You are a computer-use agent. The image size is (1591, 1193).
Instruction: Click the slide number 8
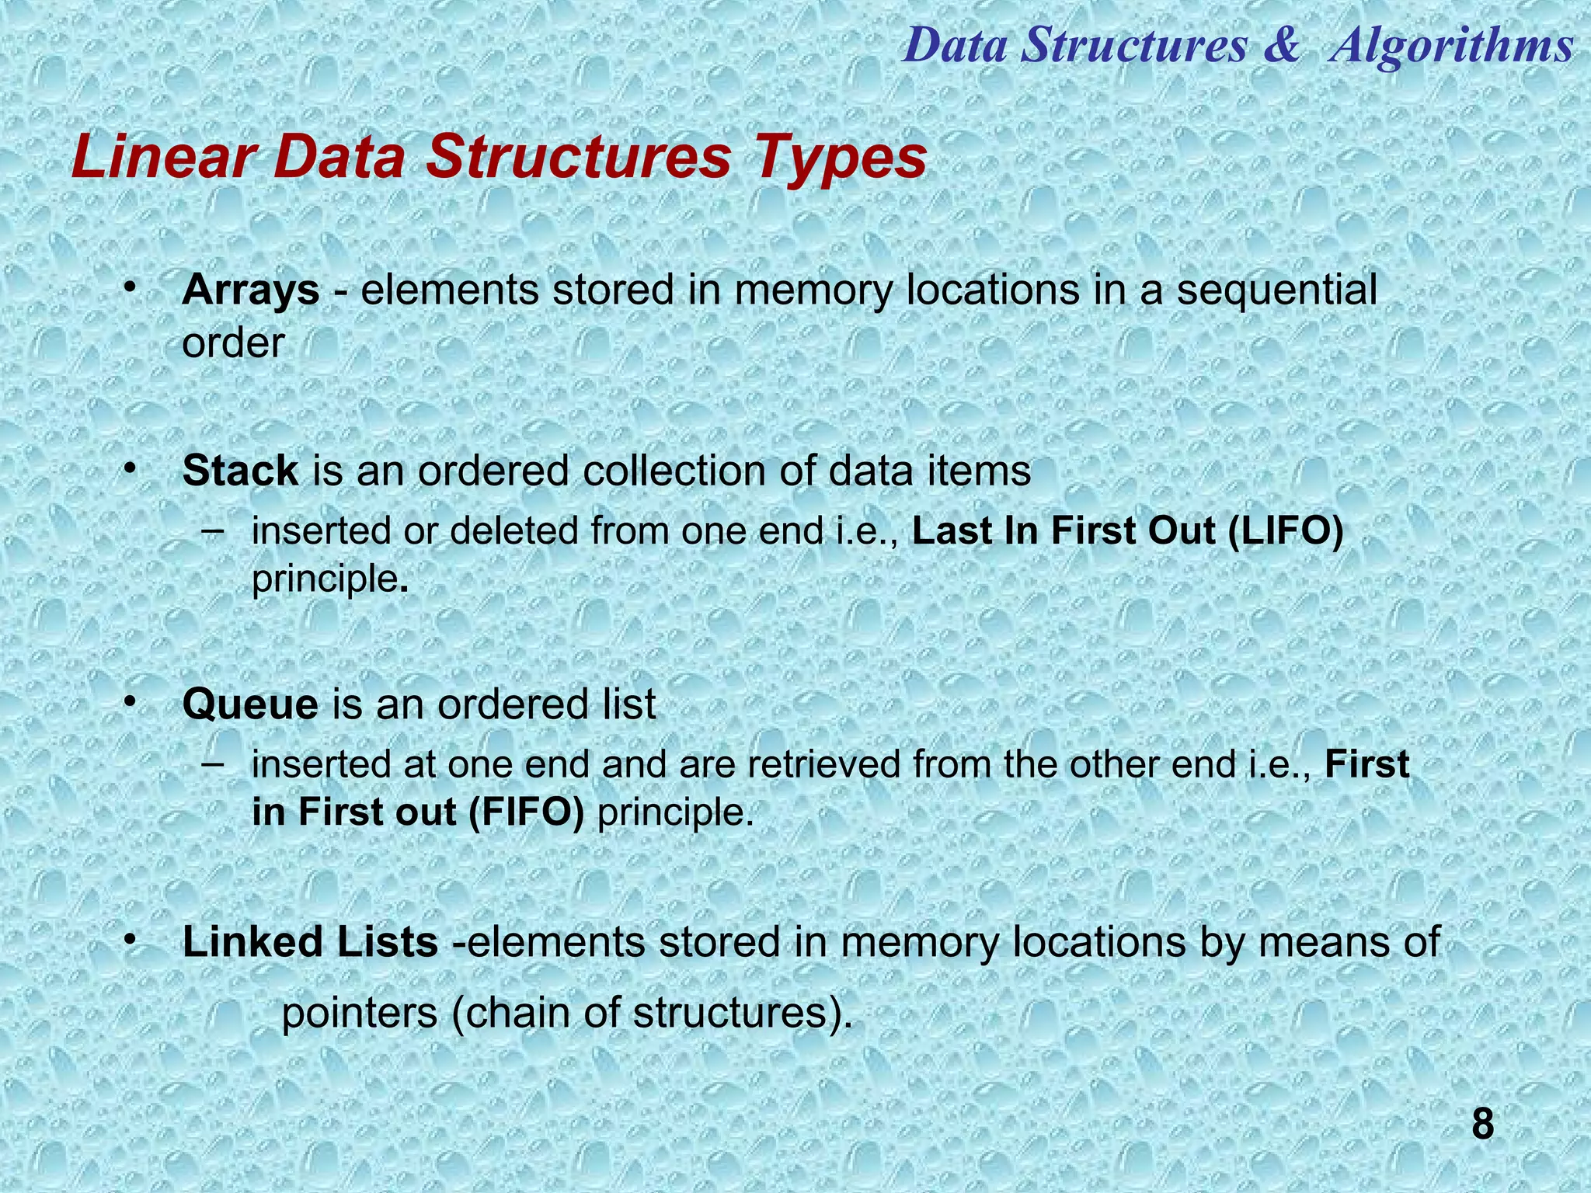pyautogui.click(x=1482, y=1125)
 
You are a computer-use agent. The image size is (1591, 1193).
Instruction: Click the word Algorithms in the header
pyautogui.click(x=1450, y=45)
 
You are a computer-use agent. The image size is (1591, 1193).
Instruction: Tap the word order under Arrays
pyautogui.click(x=233, y=343)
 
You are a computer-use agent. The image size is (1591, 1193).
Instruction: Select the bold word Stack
pyautogui.click(x=240, y=471)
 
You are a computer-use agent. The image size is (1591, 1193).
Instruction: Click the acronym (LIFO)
pyautogui.click(x=1286, y=532)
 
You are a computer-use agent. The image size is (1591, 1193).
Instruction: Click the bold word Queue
pyautogui.click(x=250, y=705)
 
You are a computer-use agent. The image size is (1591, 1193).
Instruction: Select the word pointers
pyautogui.click(x=360, y=1014)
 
